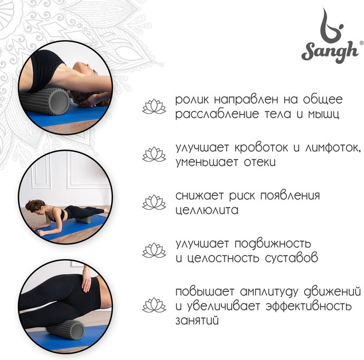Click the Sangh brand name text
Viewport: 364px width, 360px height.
330,52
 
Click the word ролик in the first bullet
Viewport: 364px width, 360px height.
192,100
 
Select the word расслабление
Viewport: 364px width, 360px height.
217,115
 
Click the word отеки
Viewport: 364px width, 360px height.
260,162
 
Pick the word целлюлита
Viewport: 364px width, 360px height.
207,211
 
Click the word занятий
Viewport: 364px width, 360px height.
197,320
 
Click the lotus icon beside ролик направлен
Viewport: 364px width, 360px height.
154,107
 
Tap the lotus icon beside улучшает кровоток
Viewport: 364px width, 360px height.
154,154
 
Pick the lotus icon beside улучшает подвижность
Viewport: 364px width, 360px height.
154,250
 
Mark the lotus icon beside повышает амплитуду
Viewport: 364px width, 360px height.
154,305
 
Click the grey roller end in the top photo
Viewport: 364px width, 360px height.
59,101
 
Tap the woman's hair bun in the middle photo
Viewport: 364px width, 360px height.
30,205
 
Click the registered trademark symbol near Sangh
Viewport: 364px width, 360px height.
361,43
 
